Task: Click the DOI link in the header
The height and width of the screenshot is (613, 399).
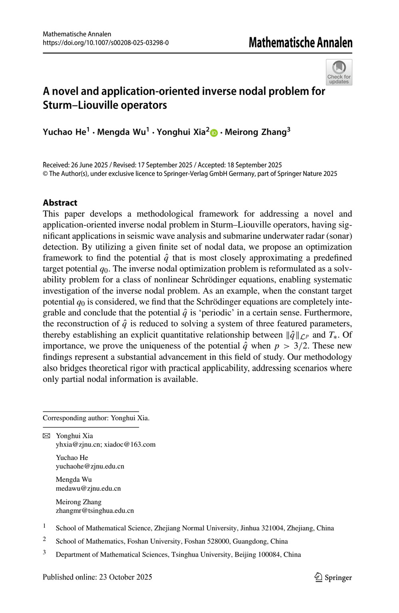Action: click(105, 42)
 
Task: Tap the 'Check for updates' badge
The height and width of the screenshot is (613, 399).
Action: click(339, 72)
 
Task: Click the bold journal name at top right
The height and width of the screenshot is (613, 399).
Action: click(300, 42)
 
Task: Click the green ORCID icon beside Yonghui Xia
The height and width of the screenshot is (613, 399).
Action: click(214, 133)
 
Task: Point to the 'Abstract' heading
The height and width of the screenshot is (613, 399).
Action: click(60, 203)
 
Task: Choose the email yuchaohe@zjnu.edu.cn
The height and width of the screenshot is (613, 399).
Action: click(90, 466)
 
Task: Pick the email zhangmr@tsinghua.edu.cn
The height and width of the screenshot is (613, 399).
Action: click(95, 511)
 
